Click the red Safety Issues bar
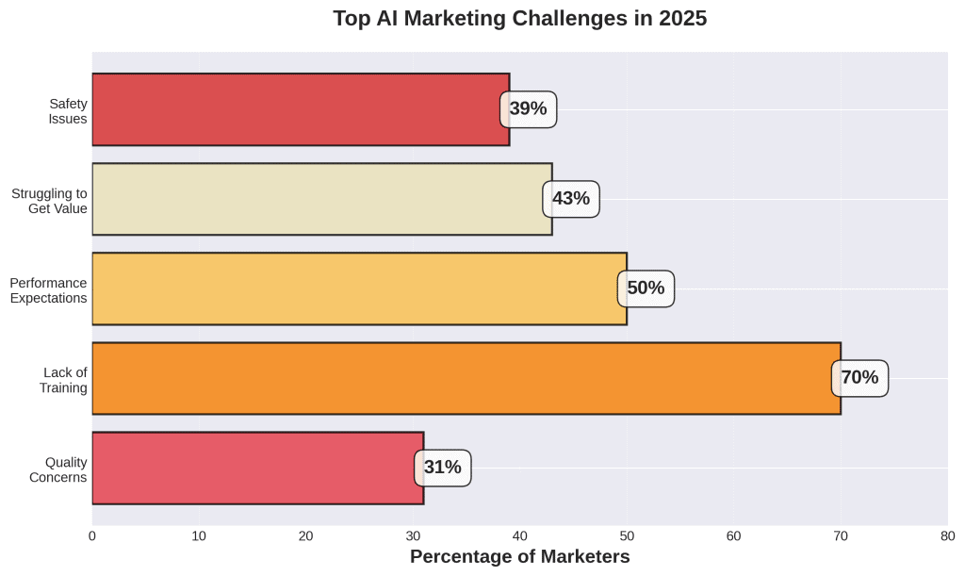pos(300,109)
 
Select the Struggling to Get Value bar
pos(321,199)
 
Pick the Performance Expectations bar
pos(358,288)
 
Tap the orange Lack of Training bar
pos(466,378)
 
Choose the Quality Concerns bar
pos(257,468)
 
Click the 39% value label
pos(529,109)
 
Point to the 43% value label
pos(571,199)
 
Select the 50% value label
pos(646,288)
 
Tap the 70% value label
pos(859,378)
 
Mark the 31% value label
pos(443,468)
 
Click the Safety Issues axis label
pos(68,111)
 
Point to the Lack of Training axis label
pos(65,380)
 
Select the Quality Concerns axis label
pos(58,469)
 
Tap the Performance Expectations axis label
pos(48,290)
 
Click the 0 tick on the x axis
pos(92,536)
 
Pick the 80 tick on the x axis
pos(947,536)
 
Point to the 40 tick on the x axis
pos(520,536)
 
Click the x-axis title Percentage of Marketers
pos(520,557)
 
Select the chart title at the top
pos(520,19)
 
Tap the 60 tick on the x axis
pos(734,536)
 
